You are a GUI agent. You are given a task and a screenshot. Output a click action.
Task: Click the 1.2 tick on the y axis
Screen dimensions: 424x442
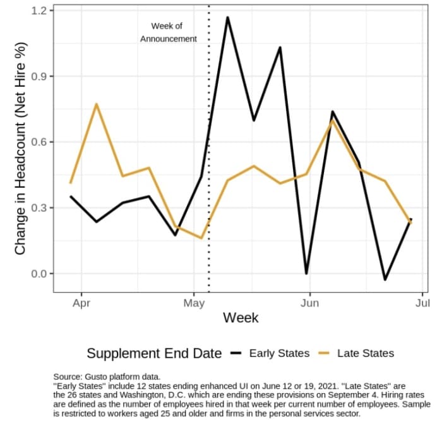point(40,11)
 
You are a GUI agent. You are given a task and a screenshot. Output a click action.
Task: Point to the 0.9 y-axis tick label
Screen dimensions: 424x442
point(40,76)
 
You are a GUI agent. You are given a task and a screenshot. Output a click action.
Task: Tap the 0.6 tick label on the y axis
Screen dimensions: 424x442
point(40,142)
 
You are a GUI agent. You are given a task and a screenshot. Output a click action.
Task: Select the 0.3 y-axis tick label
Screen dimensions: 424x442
point(40,208)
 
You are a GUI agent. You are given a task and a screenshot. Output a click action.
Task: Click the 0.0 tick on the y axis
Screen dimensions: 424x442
point(40,274)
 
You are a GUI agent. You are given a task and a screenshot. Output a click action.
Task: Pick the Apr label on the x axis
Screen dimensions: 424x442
point(81,303)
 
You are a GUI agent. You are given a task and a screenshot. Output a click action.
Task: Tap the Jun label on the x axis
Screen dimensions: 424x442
point(309,303)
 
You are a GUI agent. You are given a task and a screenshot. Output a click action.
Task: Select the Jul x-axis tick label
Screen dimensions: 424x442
point(422,303)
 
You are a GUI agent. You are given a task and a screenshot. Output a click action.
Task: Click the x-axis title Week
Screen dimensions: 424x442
point(241,317)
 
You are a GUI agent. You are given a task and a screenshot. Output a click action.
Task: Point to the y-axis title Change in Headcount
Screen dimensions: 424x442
point(20,148)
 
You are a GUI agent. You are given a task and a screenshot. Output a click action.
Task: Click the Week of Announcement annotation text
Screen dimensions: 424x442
point(168,32)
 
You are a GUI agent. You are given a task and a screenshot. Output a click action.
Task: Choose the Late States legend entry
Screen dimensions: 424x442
point(365,353)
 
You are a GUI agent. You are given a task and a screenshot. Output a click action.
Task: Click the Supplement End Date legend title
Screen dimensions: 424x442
point(154,353)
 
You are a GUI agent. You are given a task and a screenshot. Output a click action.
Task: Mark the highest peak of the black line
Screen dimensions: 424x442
point(227,17)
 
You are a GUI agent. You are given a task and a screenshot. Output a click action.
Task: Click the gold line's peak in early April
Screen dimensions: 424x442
point(97,104)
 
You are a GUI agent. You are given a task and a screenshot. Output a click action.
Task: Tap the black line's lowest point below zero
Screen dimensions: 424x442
point(385,279)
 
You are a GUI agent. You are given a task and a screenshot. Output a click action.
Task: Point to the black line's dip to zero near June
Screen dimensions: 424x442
point(306,274)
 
